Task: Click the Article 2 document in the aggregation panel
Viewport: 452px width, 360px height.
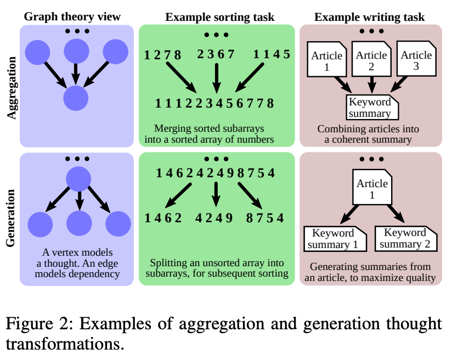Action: [x=371, y=61]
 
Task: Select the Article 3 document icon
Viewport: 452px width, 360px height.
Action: [x=416, y=61]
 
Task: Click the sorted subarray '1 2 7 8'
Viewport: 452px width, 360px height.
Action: [x=162, y=55]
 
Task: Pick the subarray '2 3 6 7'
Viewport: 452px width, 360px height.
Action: [x=216, y=54]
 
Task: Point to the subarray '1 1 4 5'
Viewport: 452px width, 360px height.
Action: [x=272, y=55]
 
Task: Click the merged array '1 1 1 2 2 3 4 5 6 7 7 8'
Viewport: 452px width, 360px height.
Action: [x=214, y=103]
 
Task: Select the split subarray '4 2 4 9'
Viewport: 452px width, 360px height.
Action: [x=215, y=218]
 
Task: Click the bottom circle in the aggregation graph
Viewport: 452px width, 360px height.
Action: [x=76, y=99]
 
